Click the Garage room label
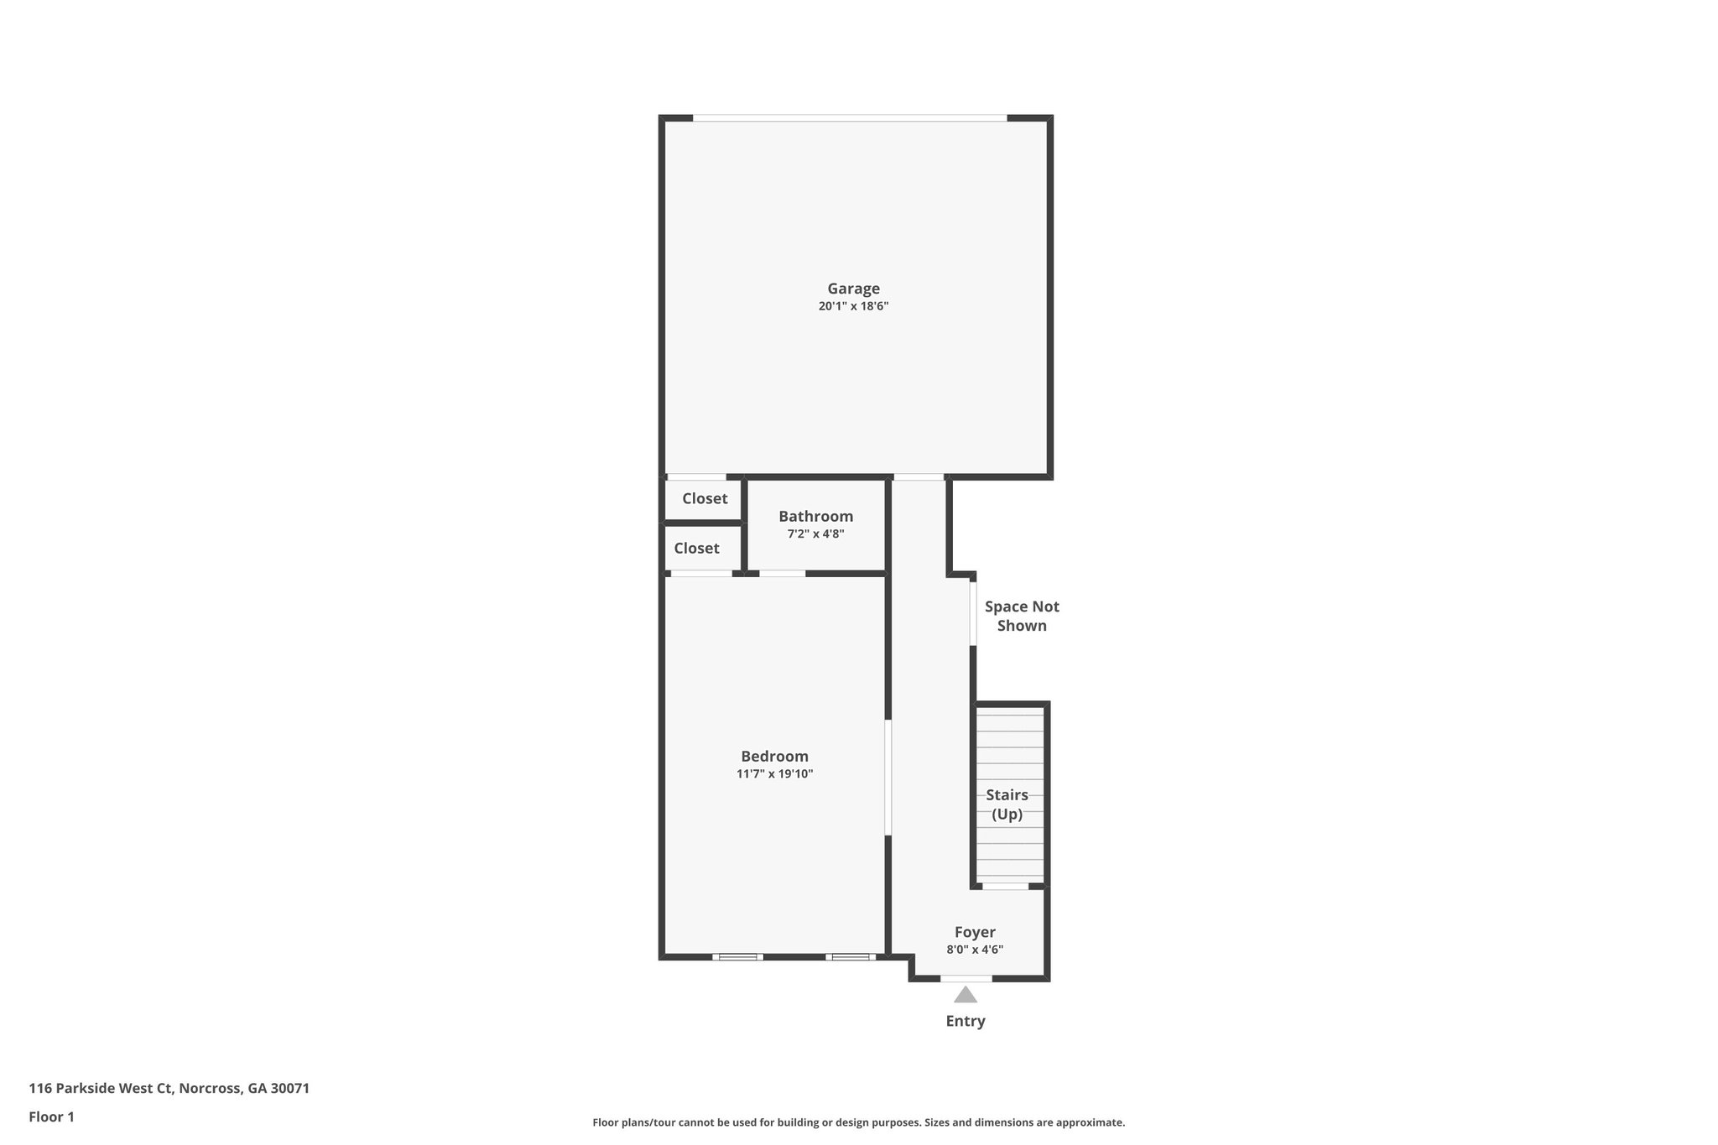point(853,289)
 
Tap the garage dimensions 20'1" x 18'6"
point(853,307)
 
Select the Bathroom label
point(815,516)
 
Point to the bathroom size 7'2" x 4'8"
point(815,534)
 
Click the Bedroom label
point(774,756)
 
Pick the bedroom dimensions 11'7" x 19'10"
point(774,774)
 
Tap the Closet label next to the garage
point(705,498)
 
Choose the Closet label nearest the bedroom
point(696,548)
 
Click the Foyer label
point(975,932)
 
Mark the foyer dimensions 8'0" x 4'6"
point(975,950)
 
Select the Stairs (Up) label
point(1007,804)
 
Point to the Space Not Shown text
point(1022,616)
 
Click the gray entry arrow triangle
point(966,995)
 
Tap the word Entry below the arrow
point(966,1021)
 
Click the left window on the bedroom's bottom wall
point(737,956)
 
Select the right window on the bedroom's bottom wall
point(851,956)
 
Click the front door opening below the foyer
point(966,978)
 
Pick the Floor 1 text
point(51,1116)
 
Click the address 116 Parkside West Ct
point(169,1088)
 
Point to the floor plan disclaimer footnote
point(858,1122)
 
